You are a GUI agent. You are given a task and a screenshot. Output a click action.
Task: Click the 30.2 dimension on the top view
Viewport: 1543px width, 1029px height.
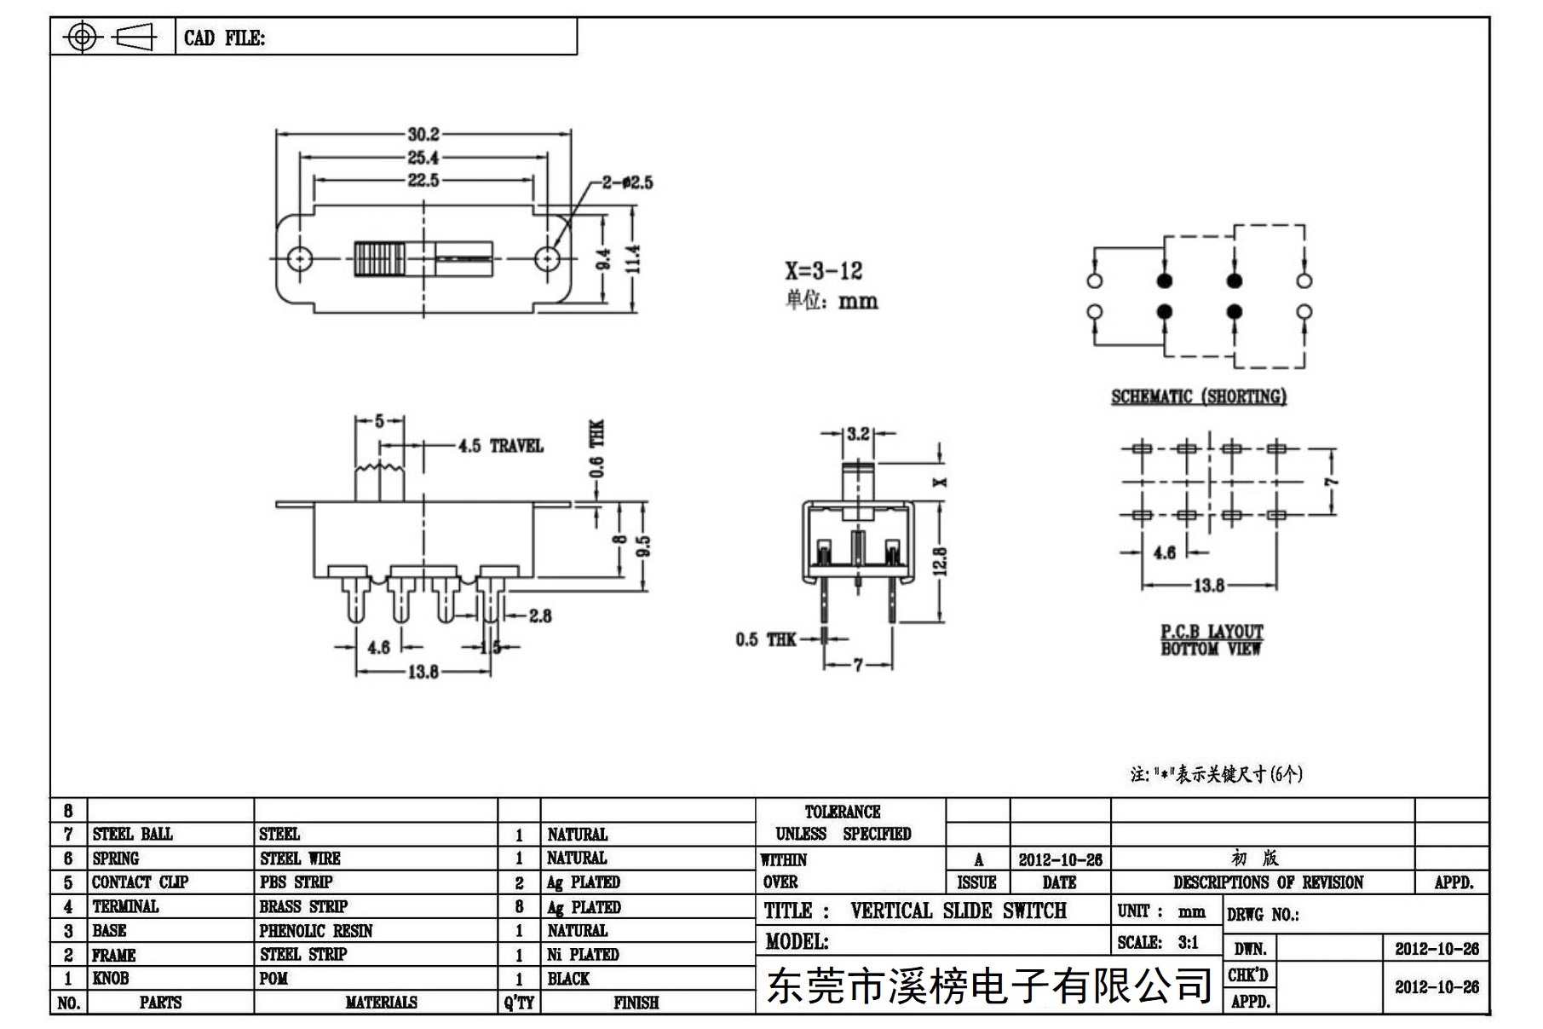point(423,134)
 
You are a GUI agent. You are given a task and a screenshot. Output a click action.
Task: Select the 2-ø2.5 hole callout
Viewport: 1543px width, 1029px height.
point(628,182)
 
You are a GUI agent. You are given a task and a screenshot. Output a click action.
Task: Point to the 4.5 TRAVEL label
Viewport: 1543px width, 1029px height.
point(500,446)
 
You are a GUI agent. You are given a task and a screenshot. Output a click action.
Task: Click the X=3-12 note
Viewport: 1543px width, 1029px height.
point(824,271)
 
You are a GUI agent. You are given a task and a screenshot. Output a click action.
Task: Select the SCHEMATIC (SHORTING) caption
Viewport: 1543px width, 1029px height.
point(1199,396)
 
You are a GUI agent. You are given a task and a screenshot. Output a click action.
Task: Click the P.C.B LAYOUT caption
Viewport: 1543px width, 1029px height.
point(1212,632)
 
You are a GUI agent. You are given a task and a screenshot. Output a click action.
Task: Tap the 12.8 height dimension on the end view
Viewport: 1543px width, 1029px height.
point(940,561)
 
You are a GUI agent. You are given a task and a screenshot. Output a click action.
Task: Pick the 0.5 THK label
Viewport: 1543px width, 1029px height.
point(766,639)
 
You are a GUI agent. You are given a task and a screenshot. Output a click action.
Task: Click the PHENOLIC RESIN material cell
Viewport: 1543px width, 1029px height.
point(316,931)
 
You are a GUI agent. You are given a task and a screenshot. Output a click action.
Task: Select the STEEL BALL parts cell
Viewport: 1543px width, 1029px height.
point(133,834)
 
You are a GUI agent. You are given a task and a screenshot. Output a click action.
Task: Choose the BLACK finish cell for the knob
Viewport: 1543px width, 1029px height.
point(568,979)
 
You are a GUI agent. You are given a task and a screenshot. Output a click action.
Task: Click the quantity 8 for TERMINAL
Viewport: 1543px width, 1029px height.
point(519,906)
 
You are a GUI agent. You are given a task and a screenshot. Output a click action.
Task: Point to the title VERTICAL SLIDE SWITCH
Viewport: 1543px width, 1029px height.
point(959,910)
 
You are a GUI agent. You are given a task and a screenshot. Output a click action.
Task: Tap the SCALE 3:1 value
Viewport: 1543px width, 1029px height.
point(1189,942)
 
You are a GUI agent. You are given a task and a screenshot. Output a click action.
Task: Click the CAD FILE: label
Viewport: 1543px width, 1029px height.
point(225,38)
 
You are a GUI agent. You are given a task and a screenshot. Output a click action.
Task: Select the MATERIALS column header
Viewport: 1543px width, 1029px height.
point(381,1003)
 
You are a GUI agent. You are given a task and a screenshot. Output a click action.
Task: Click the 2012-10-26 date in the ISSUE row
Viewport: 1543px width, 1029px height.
point(1060,859)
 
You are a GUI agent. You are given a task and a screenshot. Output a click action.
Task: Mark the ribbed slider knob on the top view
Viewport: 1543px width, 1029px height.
point(379,258)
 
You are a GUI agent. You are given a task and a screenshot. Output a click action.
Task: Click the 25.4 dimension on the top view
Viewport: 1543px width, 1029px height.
point(423,158)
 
